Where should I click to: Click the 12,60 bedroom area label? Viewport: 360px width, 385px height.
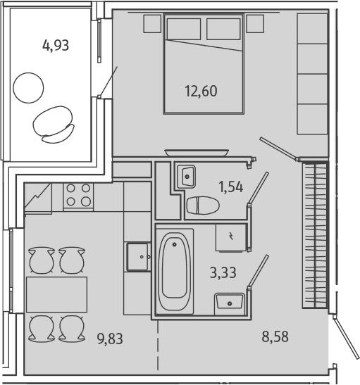201,91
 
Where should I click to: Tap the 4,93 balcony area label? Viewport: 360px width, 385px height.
56,46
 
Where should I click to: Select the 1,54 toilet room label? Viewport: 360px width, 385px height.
231,187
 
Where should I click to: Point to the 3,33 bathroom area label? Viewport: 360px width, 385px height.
223,272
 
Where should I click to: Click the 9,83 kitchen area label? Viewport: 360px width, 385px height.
110,339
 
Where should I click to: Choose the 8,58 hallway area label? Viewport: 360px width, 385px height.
275,336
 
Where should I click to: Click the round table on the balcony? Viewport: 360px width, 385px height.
28,88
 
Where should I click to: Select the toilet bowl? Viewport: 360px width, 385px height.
203,206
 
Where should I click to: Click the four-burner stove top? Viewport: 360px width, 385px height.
78,196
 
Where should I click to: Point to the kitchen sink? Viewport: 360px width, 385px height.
137,257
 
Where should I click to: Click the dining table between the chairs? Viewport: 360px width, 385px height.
56,294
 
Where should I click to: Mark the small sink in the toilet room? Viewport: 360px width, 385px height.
187,176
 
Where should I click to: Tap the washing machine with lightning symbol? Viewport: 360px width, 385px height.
231,238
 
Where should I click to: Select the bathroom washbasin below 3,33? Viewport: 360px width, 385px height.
230,304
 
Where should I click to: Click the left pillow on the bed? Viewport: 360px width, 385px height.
184,29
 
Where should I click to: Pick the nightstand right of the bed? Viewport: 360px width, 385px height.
255,23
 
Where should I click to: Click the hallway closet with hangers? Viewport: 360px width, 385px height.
315,235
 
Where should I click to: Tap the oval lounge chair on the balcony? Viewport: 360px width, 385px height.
54,125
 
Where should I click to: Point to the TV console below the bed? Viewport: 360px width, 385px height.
197,153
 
